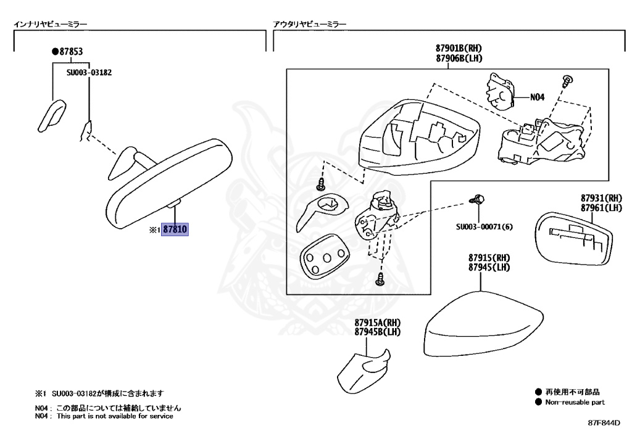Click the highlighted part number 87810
coord(174,229)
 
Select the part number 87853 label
coord(70,52)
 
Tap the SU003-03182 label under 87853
coord(89,72)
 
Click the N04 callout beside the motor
coord(537,97)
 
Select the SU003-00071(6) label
coord(484,226)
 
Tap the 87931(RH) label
coord(601,199)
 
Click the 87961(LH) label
coord(601,208)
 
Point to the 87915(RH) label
coord(489,258)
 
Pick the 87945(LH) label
coord(489,267)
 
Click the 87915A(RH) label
coord(378,323)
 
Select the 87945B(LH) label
coord(378,332)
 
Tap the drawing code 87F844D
coord(603,424)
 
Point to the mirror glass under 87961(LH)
coord(574,241)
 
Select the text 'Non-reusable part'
coord(575,402)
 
